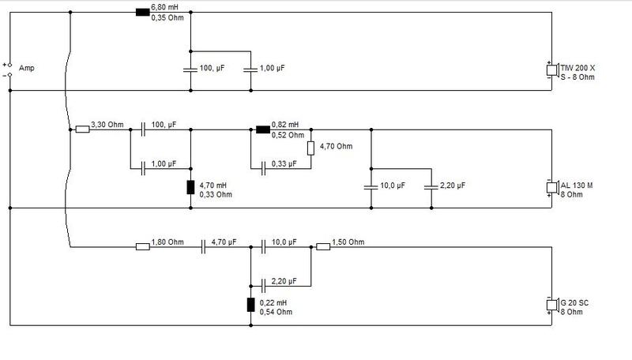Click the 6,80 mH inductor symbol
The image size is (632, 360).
pyautogui.click(x=142, y=13)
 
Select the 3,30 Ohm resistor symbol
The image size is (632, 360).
pyautogui.click(x=82, y=129)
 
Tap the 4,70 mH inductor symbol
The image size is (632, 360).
pyautogui.click(x=190, y=187)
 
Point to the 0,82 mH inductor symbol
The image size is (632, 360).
pyautogui.click(x=264, y=129)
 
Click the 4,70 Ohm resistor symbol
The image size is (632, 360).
pyautogui.click(x=311, y=148)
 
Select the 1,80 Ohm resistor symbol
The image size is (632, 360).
pyautogui.click(x=142, y=246)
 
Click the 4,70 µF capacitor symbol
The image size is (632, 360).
pyautogui.click(x=203, y=246)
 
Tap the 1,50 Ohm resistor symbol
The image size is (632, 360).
pyautogui.click(x=323, y=246)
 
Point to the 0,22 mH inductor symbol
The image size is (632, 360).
pyautogui.click(x=251, y=305)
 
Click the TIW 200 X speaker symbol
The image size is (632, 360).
pyautogui.click(x=552, y=71)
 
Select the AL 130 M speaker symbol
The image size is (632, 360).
pyautogui.click(x=552, y=188)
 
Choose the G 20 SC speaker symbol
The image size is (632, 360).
pyautogui.click(x=552, y=306)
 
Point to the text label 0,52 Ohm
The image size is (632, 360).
pyautogui.click(x=288, y=135)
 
